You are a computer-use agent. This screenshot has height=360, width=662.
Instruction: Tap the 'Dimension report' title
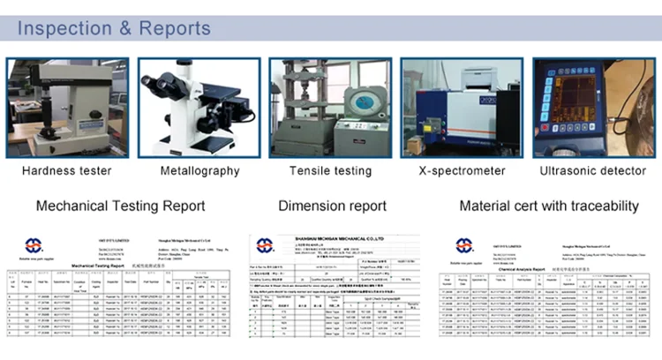332,206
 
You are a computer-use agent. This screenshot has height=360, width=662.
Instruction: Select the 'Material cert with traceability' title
549,206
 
